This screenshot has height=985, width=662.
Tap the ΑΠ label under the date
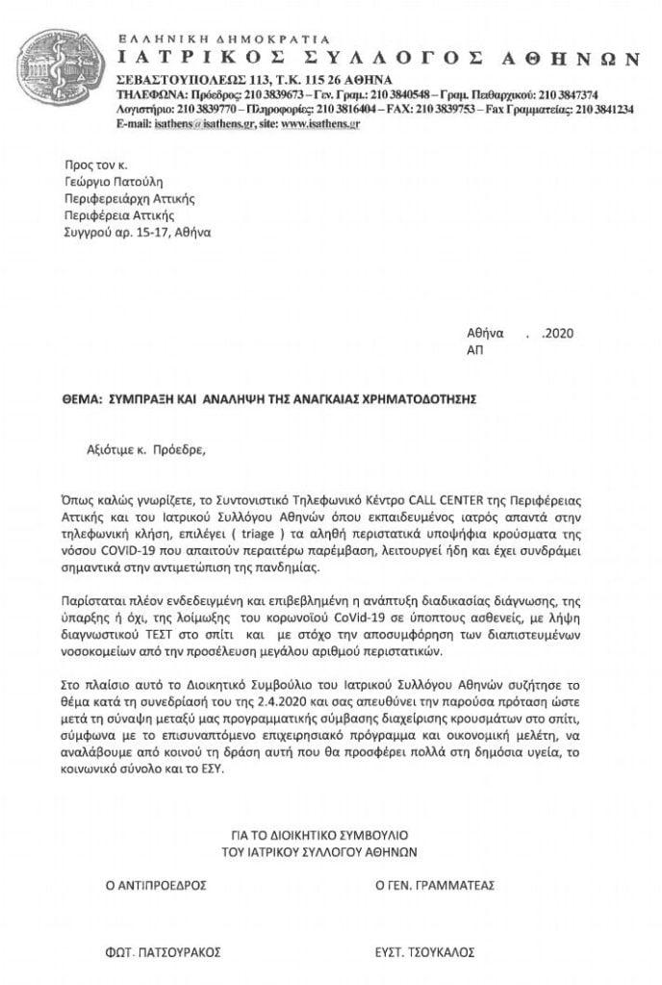coord(475,351)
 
